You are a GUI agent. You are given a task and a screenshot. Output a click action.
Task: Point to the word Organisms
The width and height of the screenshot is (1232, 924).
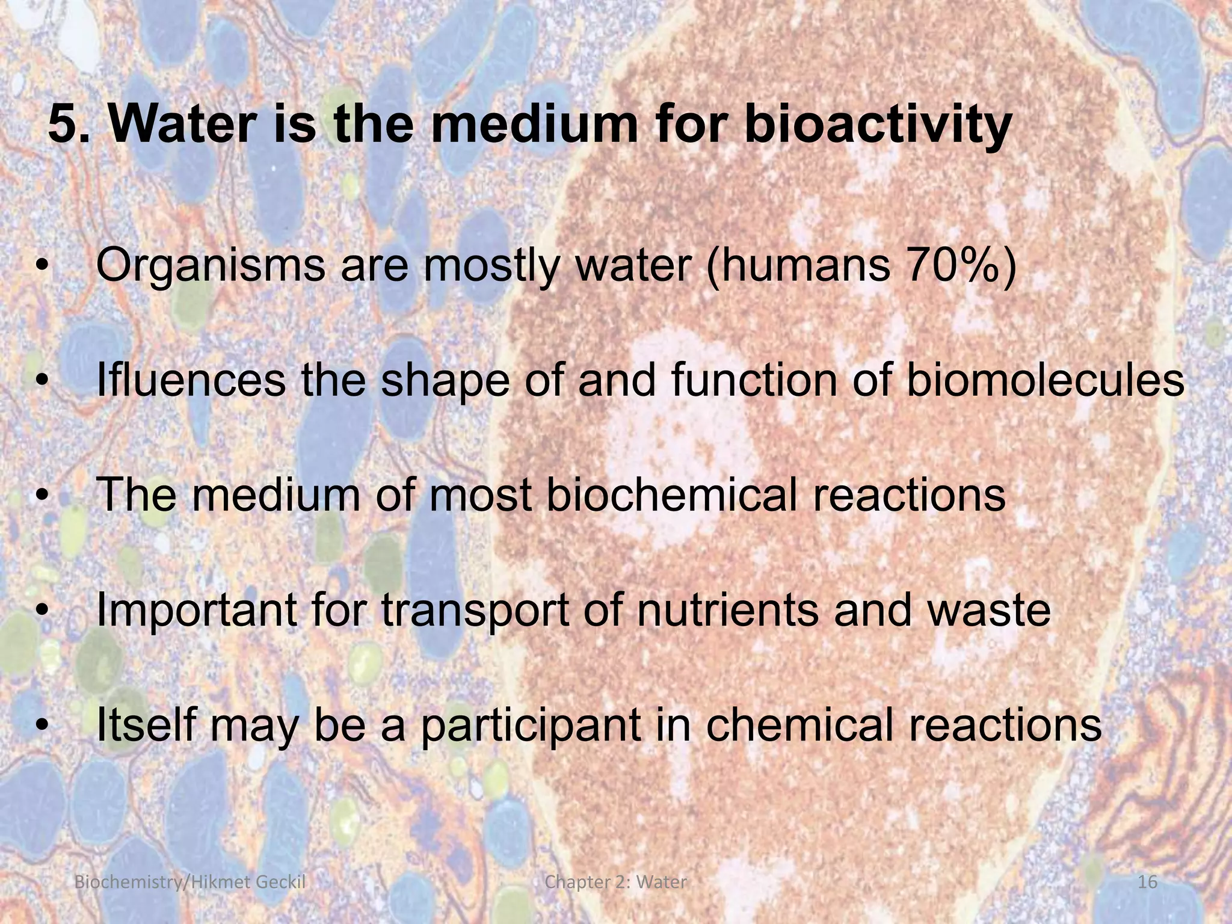coord(211,266)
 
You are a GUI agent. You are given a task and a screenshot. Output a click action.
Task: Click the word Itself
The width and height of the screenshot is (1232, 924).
coord(143,725)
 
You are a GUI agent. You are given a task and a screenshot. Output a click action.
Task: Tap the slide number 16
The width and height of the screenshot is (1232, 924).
coord(1148,882)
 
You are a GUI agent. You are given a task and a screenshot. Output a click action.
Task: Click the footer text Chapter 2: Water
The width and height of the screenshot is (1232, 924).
coord(615,882)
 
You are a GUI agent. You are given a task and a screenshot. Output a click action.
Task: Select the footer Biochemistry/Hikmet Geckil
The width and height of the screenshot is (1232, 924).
coord(188,882)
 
